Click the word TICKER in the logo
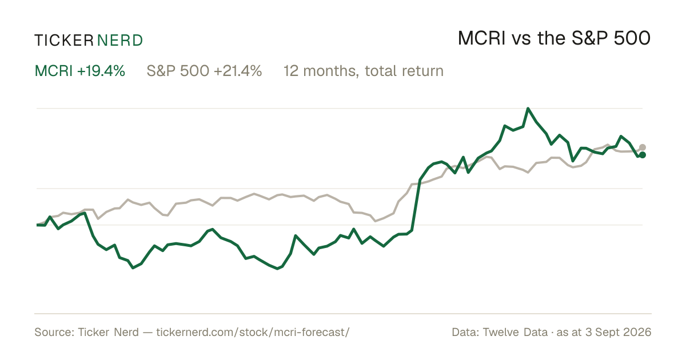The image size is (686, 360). point(64,41)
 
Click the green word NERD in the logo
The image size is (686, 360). point(119,41)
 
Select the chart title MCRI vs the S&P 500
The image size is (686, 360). point(554,38)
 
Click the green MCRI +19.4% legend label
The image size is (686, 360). point(80,71)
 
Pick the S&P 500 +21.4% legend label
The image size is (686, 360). point(204,71)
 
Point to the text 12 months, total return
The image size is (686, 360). point(364,71)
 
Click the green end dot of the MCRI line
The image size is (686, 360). point(643,155)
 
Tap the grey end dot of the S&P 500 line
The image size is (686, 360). point(643,147)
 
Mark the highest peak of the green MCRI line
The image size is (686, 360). point(528,109)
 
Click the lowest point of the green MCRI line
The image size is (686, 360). point(277,269)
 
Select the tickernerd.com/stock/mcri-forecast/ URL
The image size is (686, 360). point(253,332)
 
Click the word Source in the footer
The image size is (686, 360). point(54,332)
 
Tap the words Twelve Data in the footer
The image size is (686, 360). point(515,332)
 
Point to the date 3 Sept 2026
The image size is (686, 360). point(618,332)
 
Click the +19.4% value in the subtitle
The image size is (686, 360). point(101,71)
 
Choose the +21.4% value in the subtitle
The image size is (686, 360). point(238,71)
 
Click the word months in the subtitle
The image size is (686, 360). point(331,71)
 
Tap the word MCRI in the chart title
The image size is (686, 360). point(481,38)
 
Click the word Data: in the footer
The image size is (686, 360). point(465,332)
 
